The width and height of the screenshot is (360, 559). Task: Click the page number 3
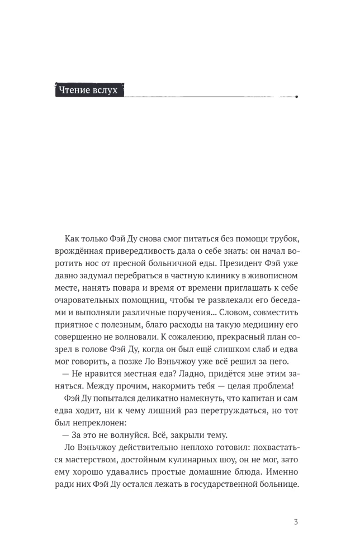point(295,523)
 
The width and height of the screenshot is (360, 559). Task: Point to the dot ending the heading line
point(296,97)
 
